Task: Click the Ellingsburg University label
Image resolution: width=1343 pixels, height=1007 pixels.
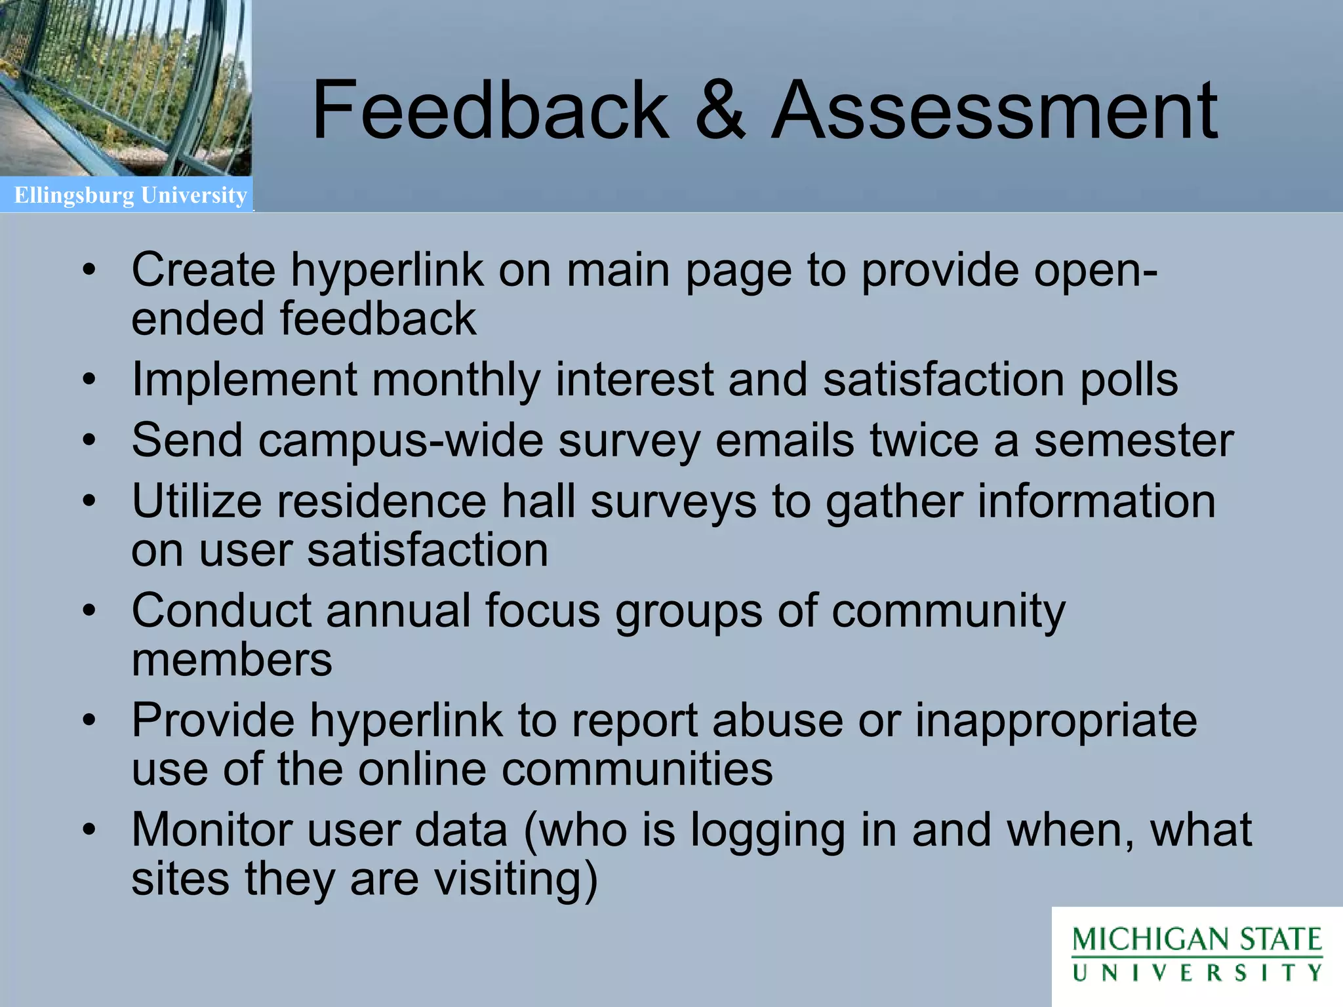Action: (130, 195)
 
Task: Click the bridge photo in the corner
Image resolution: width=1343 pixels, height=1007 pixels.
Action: (125, 88)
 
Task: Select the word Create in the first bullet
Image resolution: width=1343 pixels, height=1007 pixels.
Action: (203, 269)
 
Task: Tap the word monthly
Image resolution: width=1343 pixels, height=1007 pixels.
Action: (456, 380)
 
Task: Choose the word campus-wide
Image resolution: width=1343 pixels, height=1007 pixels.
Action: (401, 440)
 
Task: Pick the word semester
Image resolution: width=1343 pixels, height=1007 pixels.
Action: (1134, 440)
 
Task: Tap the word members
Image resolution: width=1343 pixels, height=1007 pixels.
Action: (232, 660)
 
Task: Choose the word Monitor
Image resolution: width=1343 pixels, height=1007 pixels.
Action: (212, 830)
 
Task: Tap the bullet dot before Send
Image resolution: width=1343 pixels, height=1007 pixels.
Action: (89, 440)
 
